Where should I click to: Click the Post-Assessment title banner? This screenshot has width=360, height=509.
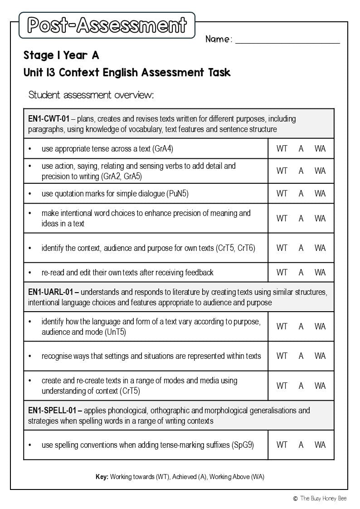107,25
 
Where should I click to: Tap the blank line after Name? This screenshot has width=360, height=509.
287,40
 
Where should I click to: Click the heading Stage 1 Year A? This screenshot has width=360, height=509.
61,55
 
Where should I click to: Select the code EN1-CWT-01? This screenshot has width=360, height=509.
49,119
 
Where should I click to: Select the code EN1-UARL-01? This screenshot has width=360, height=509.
53,292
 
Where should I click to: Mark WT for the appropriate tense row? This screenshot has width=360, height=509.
282,149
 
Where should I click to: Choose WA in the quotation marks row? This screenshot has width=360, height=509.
320,194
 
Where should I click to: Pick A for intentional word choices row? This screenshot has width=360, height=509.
301,218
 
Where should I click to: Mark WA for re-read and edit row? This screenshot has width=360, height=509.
320,272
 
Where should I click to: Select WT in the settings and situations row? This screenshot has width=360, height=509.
282,356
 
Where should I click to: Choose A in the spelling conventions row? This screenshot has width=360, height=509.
301,445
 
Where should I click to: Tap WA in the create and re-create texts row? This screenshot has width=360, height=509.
320,386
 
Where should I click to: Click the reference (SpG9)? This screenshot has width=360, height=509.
243,445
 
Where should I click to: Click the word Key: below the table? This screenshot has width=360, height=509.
102,477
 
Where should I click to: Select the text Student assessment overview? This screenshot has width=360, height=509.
91,95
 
